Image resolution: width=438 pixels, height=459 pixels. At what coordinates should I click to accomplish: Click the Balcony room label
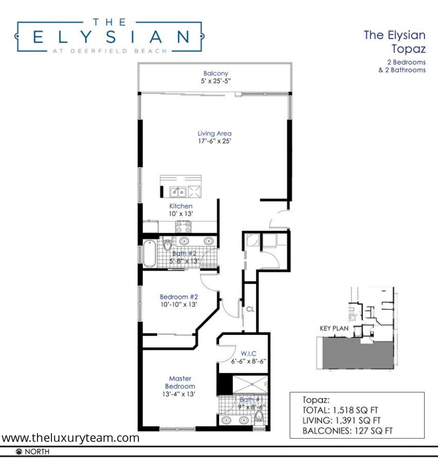tap(216, 73)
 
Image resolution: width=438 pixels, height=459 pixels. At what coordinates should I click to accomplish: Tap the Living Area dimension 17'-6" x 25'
tap(215, 141)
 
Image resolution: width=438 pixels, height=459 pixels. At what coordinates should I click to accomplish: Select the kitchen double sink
tap(178, 192)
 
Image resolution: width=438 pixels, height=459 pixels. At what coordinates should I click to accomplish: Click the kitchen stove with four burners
tap(183, 227)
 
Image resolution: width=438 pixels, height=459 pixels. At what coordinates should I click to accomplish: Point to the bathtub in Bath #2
tap(149, 253)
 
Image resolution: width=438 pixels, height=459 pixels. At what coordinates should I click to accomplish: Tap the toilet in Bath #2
tap(167, 244)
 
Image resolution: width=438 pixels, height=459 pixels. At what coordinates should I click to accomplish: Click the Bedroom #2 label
tap(179, 297)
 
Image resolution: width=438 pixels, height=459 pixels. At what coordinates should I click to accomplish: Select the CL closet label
tap(250, 309)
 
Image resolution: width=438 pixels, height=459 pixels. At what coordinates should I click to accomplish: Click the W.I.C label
tap(249, 354)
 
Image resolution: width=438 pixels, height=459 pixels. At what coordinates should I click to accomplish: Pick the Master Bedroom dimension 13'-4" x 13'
tap(179, 394)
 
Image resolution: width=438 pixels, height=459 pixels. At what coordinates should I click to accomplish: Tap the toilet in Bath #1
tap(259, 416)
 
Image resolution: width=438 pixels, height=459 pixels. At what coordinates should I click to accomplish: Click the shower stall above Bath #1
tap(250, 384)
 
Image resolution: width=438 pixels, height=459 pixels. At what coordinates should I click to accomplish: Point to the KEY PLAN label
tap(334, 329)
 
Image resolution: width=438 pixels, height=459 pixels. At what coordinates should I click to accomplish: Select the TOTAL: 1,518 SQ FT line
tap(340, 410)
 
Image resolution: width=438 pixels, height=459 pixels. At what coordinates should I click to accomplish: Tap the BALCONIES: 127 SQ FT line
tap(347, 431)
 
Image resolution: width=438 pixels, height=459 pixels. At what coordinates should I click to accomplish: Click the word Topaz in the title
tap(408, 49)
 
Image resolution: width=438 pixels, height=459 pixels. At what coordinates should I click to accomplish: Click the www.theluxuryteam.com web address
tap(70, 438)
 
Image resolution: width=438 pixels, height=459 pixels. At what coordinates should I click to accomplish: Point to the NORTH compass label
tap(37, 451)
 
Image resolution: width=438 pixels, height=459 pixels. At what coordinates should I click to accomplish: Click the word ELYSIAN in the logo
tap(111, 37)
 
